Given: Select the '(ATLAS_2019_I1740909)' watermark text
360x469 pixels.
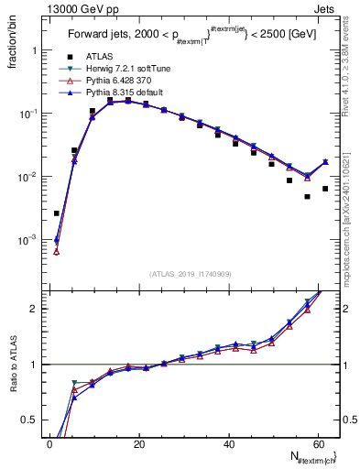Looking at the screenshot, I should click(x=190, y=272).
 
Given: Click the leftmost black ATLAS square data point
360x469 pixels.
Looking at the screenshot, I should click(x=57, y=213).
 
